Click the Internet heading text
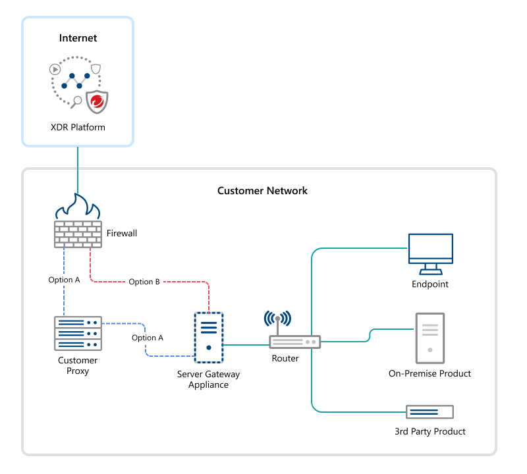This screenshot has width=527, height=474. (78, 38)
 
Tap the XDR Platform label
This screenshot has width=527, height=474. (78, 127)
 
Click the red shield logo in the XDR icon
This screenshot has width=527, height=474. (97, 101)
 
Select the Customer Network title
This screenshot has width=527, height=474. (262, 191)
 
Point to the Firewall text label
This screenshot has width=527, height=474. (122, 233)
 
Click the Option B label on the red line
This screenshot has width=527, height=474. (144, 282)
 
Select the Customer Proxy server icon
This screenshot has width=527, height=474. (78, 334)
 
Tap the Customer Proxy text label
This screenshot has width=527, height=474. (78, 365)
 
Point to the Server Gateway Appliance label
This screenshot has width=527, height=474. (209, 379)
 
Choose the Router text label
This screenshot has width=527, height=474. (285, 359)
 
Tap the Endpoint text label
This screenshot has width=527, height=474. (430, 284)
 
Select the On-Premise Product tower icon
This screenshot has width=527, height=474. (430, 338)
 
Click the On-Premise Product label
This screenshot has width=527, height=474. (430, 373)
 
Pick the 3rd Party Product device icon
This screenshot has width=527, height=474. (430, 412)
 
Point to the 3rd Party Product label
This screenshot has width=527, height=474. (430, 431)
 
